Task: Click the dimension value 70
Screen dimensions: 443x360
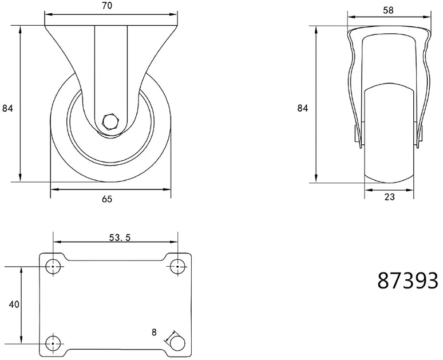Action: click(x=107, y=5)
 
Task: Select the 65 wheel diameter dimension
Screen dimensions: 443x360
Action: click(x=107, y=199)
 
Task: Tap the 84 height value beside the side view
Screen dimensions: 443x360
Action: click(x=7, y=108)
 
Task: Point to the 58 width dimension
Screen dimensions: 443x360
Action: click(x=388, y=10)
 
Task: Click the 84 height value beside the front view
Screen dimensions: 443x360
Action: click(x=302, y=108)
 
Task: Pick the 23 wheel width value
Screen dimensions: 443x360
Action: click(x=389, y=197)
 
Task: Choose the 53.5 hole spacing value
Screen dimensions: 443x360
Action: click(x=120, y=238)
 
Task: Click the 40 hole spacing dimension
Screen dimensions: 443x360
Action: click(x=14, y=304)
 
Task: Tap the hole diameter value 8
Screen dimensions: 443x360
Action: click(x=154, y=333)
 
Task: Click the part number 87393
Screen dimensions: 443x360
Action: click(x=408, y=280)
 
